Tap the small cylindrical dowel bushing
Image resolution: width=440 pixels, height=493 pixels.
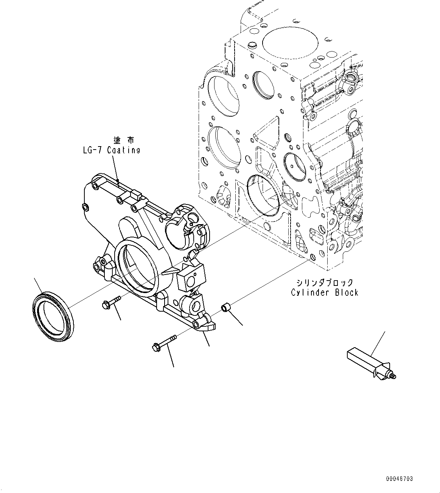coord(226,307)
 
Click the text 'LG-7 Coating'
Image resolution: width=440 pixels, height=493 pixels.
coord(112,150)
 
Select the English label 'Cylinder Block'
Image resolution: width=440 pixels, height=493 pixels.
coord(324,292)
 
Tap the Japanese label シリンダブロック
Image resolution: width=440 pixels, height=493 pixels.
coord(325,282)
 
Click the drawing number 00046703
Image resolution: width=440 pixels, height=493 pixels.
coord(399,479)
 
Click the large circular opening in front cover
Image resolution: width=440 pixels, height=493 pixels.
coord(137,268)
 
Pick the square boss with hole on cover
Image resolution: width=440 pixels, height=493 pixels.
coord(190,278)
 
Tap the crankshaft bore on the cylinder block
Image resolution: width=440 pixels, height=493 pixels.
coord(263,196)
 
